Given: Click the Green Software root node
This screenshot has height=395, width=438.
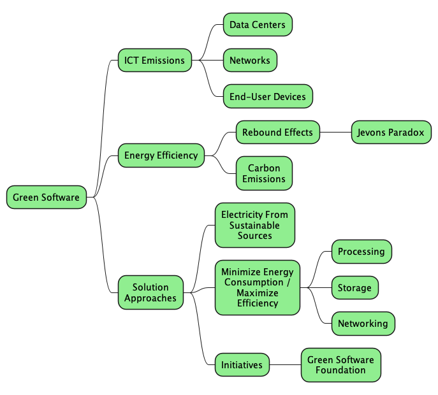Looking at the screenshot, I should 47,197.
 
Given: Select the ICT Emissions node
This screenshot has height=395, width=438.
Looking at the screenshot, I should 154,61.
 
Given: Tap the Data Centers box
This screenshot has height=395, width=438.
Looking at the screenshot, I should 258,25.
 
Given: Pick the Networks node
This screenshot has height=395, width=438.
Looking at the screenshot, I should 250,61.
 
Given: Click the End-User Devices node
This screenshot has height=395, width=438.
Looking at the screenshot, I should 268,96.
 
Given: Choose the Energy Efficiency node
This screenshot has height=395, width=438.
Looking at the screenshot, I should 161,155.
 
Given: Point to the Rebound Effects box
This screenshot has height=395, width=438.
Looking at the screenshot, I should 277,133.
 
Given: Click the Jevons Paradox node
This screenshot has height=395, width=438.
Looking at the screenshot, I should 391,133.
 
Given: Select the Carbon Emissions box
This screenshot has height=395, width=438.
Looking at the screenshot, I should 264,173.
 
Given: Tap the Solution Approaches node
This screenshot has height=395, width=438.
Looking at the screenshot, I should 150,292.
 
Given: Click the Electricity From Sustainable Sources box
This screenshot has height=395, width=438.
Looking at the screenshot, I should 255,225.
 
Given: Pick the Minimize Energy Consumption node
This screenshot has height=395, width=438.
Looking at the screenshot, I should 258,287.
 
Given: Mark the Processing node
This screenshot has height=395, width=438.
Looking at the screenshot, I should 361,251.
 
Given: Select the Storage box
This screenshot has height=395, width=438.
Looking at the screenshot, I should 354,287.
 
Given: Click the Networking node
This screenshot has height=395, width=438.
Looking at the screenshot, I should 363,323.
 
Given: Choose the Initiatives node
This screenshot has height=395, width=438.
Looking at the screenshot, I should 242,365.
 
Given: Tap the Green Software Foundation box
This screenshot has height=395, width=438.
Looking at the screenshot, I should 340,365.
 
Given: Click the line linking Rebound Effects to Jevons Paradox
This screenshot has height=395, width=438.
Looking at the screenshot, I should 335,133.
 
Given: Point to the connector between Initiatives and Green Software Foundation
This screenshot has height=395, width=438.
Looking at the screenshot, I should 285,365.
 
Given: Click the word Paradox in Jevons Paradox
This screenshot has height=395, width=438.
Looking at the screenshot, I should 406,133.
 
